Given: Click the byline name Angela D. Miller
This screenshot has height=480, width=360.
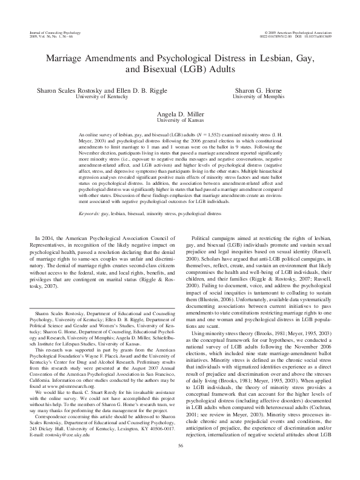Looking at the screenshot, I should click(x=180, y=113).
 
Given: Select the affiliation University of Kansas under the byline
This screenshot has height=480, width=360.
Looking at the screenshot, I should click(x=180, y=120).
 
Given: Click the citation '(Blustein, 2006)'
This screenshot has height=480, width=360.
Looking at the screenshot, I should click(x=207, y=305).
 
